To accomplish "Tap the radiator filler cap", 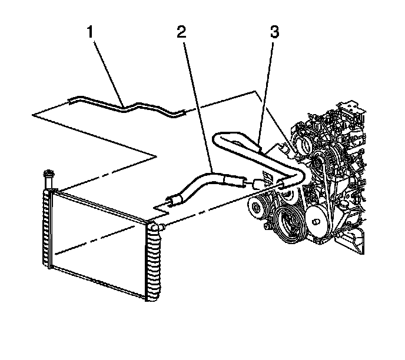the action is [47, 174].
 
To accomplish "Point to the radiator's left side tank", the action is [47, 229].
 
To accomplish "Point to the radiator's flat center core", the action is [97, 235].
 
